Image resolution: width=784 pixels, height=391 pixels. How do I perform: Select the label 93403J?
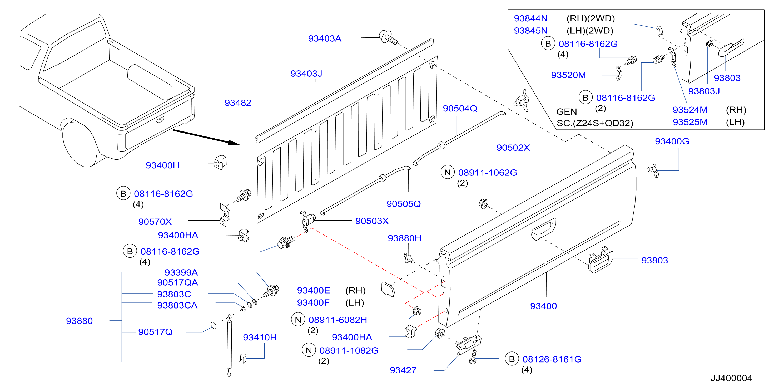click(306, 74)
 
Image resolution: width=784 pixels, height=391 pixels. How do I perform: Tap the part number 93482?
click(238, 103)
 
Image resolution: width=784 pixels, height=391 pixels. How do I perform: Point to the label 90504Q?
click(460, 108)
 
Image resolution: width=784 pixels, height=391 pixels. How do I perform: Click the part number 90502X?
click(513, 148)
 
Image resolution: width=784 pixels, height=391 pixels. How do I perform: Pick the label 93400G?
click(672, 141)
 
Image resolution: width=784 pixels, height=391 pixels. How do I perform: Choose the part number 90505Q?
click(404, 204)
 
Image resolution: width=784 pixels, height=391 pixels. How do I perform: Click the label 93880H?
click(404, 238)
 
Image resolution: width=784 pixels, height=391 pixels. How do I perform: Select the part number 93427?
click(403, 370)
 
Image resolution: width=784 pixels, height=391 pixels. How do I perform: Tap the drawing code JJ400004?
click(731, 378)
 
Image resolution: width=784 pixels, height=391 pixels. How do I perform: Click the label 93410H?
click(260, 338)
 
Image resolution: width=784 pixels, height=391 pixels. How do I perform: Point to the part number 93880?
click(79, 321)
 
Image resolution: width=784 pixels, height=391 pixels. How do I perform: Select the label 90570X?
click(155, 222)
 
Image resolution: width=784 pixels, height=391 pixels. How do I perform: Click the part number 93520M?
click(568, 75)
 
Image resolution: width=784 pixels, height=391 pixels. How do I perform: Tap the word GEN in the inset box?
click(566, 112)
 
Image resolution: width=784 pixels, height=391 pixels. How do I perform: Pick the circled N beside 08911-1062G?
click(447, 173)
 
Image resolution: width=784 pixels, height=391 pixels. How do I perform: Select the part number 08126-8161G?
click(552, 359)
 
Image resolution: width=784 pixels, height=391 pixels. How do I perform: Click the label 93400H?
click(162, 165)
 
